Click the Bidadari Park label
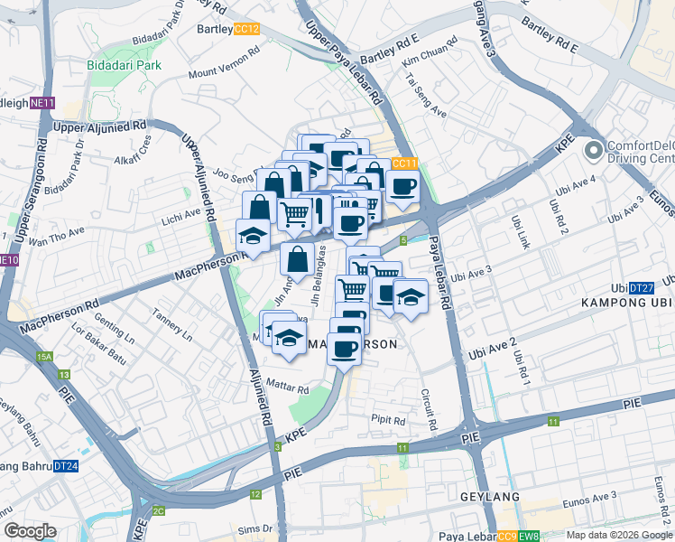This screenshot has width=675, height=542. [124, 65]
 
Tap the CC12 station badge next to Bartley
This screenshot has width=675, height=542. [246, 29]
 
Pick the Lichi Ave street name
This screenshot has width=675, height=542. [182, 214]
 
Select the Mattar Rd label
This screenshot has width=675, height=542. [289, 386]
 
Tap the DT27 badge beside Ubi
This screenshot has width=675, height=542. [641, 286]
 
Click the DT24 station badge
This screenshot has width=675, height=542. [66, 466]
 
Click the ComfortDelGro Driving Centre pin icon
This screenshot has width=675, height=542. [593, 150]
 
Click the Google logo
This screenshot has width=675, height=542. [29, 531]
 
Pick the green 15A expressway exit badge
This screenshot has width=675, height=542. [45, 358]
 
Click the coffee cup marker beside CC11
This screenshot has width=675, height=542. [402, 188]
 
